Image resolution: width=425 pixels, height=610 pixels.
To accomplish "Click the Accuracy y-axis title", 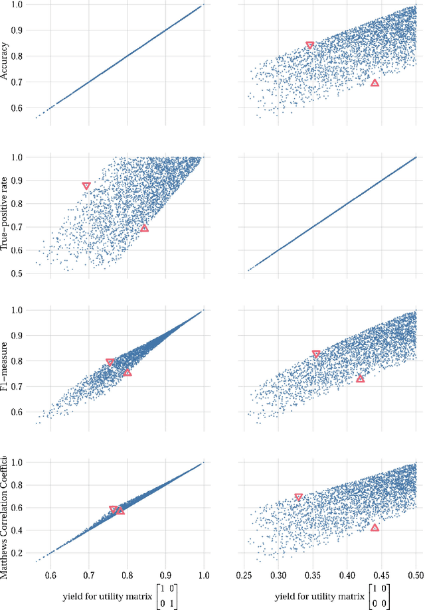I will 5,62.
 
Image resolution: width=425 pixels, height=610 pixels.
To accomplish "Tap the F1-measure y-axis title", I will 5,366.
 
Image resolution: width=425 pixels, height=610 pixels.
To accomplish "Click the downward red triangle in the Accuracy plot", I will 309,46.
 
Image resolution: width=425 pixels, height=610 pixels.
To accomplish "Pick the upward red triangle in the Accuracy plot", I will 375,83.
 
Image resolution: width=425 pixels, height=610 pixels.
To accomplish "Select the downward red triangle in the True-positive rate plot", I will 86,186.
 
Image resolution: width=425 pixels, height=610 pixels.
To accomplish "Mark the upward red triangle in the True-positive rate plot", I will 144,228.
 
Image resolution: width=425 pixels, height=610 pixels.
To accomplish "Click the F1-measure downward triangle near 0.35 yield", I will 316,354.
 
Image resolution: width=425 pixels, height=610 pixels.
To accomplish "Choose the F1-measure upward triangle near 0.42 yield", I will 360,378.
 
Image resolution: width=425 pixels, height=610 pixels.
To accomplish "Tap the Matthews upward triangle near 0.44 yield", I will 375,528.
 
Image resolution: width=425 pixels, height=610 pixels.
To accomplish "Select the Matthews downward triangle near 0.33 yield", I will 299,497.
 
